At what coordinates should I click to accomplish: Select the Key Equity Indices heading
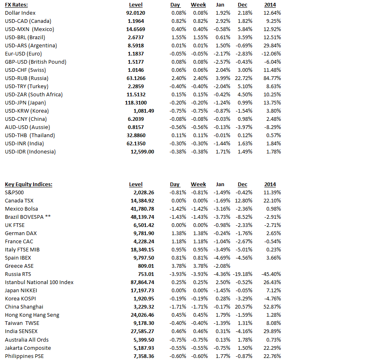[29, 184]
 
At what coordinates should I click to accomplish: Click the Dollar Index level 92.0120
[136, 13]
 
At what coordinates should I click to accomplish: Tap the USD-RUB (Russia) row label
[27, 78]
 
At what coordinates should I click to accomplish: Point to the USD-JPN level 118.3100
[136, 103]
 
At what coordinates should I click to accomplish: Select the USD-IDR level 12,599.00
[142, 152]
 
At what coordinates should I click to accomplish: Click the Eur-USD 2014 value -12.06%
[271, 54]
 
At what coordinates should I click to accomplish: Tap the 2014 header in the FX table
[270, 5]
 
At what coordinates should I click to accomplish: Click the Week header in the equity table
[199, 184]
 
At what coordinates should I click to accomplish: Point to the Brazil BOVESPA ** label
[28, 217]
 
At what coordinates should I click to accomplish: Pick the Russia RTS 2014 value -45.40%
[271, 274]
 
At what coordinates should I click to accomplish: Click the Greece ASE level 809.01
[146, 266]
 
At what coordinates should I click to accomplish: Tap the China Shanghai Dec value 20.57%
[243, 307]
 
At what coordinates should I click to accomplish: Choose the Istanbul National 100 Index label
[39, 282]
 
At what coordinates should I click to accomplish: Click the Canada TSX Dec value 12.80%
[243, 201]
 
